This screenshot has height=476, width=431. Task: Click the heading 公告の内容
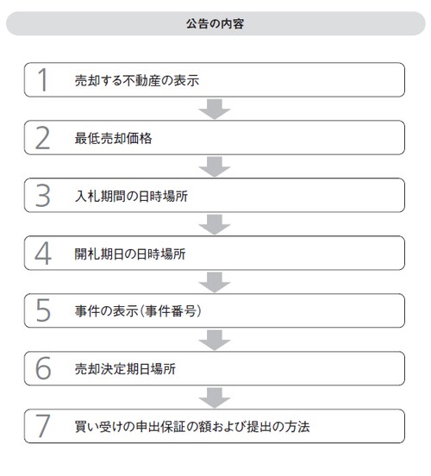215,23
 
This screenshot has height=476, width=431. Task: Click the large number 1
43,80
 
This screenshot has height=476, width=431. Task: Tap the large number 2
42,138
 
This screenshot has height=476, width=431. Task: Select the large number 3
42,196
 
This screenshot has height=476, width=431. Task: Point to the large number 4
43,254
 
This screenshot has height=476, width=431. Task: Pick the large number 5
43,310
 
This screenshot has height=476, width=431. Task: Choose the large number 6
43,368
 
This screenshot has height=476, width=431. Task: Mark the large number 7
42,426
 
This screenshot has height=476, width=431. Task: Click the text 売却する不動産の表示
137,80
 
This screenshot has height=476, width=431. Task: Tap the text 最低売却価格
113,139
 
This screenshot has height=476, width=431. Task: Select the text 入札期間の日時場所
131,197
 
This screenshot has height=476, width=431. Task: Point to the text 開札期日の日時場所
130,254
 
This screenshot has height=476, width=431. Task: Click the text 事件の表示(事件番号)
138,311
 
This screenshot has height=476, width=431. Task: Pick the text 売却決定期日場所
125,369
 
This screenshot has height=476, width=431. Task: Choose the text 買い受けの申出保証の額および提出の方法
192,427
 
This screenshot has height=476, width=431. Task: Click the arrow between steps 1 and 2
215,109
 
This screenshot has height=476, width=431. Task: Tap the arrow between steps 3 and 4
215,224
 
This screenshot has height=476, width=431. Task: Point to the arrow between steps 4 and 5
215,282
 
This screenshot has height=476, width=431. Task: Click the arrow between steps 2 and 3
215,166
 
